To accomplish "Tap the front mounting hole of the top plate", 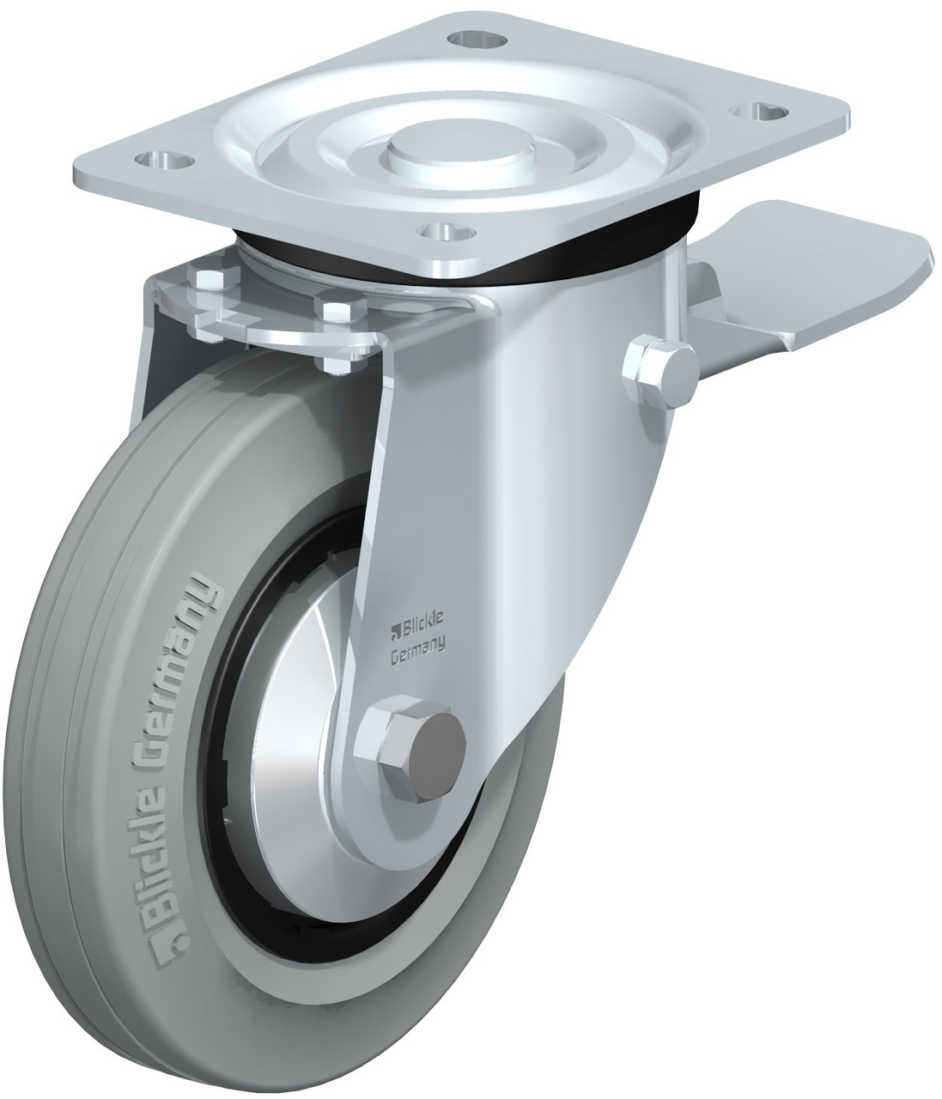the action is tap(446, 231).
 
